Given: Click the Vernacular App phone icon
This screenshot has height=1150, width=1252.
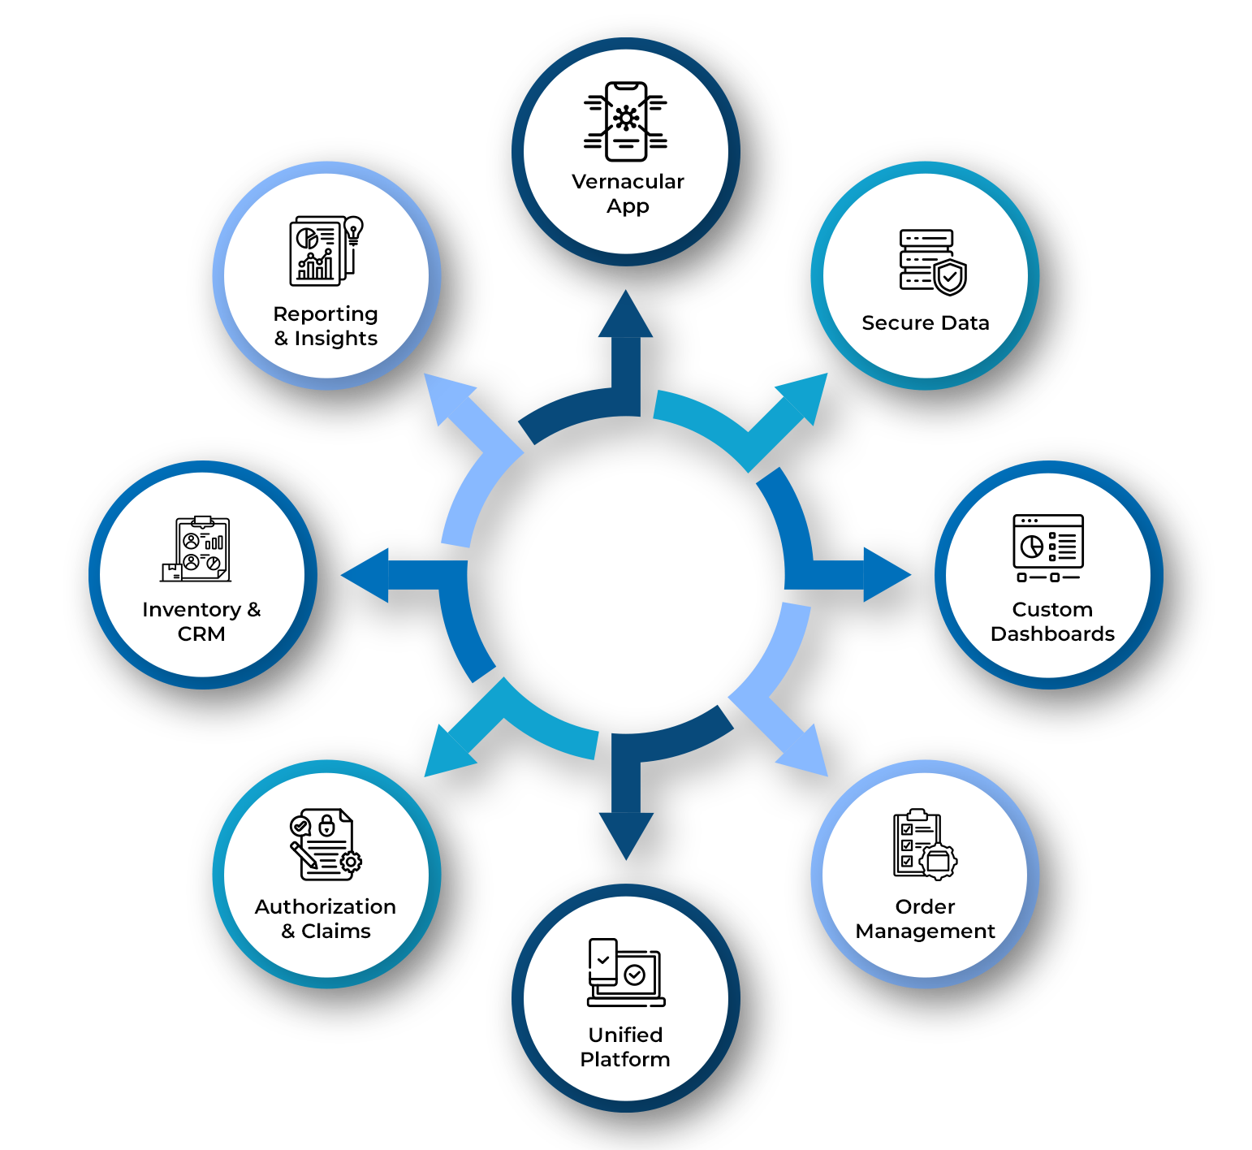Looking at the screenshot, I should click(626, 121).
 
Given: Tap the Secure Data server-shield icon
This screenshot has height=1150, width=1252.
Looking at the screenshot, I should click(932, 262).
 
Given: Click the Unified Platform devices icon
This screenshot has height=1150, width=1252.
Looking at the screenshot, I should click(626, 973).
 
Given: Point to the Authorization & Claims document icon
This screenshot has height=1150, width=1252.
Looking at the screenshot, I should click(326, 845).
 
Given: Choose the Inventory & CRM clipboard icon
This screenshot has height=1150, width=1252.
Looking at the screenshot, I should click(197, 549).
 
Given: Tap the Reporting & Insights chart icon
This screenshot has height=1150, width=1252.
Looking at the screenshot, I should click(325, 250).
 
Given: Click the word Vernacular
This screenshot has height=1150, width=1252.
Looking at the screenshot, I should click(628, 181).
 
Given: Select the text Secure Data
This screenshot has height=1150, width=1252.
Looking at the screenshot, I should click(926, 323).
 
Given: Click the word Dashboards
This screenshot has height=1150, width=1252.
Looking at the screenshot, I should click(1052, 634).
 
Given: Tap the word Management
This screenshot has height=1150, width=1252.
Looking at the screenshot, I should click(925, 932).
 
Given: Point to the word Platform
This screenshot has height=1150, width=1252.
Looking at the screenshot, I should click(625, 1060).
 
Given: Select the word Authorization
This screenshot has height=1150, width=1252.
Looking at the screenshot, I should click(326, 907).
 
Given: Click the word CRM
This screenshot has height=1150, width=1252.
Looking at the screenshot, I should click(201, 634).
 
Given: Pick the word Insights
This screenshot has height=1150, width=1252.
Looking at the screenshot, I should click(336, 339).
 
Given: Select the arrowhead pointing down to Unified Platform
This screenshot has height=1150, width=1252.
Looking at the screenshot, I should click(626, 833).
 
